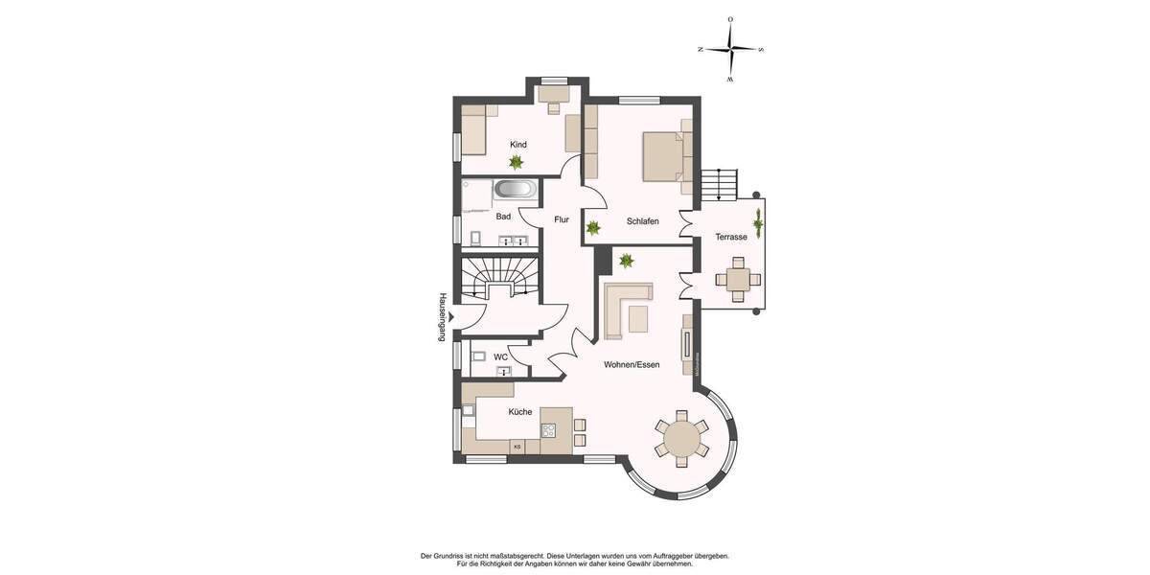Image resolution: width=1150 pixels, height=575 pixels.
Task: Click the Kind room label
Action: [x=518, y=145]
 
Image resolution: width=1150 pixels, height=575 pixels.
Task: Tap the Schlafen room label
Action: [x=642, y=221]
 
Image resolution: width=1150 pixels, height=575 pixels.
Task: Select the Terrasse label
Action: [x=731, y=237]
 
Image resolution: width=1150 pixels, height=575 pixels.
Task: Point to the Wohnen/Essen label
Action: [x=632, y=365]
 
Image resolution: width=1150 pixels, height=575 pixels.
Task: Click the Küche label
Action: [x=520, y=412]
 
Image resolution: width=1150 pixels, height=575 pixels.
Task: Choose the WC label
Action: [x=500, y=357]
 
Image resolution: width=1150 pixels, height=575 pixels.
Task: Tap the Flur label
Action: [x=562, y=220]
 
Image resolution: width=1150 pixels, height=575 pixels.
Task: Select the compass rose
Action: [x=730, y=49]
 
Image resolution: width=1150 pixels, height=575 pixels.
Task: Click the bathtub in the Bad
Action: [x=515, y=190]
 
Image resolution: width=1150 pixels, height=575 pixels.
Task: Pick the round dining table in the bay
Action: [x=681, y=439]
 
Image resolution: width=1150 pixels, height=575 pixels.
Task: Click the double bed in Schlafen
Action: [x=664, y=156]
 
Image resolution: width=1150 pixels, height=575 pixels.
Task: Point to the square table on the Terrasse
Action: [x=738, y=280]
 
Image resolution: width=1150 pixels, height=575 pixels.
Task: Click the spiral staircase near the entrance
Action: [x=500, y=279]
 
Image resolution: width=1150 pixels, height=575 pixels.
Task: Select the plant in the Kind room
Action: [x=517, y=163]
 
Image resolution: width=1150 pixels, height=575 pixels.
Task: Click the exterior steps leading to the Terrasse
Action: [x=719, y=184]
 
